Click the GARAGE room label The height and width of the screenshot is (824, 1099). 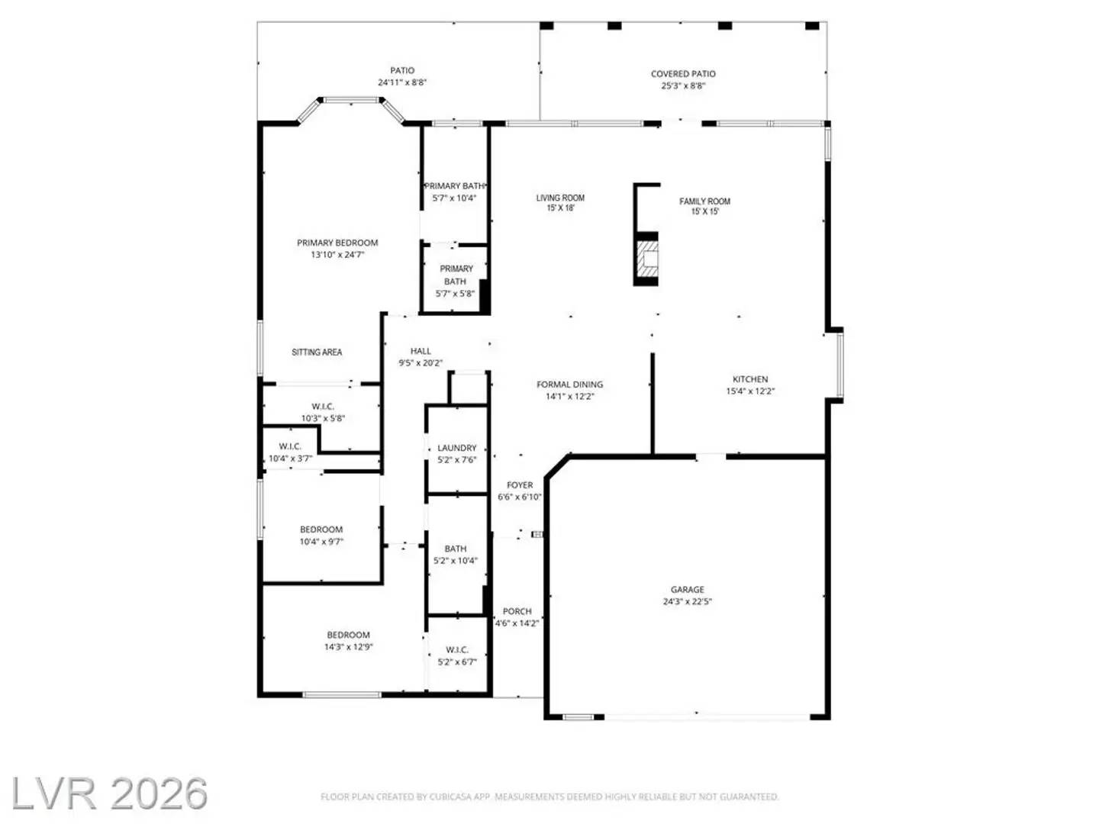pos(687,590)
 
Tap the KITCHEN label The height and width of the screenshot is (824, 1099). pos(750,379)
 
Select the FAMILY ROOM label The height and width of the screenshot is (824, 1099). pos(704,201)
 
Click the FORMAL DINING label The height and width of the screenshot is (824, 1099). pos(569,385)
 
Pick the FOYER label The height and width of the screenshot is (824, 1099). pos(520,485)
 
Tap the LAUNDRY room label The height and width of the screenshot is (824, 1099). pos(456,448)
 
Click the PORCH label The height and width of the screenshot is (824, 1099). pos(517,611)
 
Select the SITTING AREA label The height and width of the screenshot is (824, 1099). pos(317,352)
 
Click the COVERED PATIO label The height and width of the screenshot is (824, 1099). pos(683,74)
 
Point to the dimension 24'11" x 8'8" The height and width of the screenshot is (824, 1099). pos(402,82)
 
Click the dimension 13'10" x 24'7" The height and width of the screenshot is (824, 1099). pos(337,255)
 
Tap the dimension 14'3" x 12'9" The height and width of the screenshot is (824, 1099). pos(348,647)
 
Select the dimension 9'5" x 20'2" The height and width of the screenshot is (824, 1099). pos(421,363)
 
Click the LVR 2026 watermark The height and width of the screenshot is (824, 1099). pos(108,794)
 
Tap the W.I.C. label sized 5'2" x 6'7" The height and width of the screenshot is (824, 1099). pos(457,650)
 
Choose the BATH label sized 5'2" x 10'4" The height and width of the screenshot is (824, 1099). pos(456,549)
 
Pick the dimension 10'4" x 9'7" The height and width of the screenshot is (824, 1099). pos(321,542)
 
